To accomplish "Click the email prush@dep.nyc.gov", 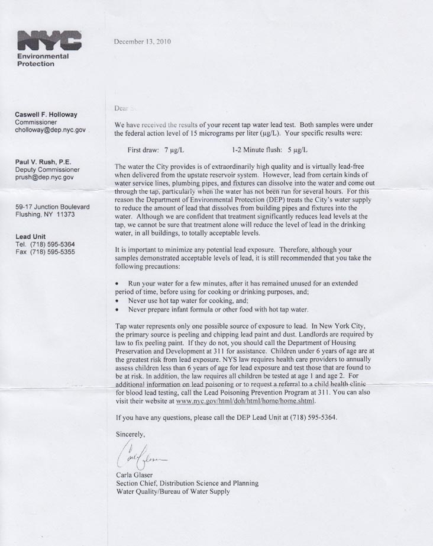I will click(x=44, y=177).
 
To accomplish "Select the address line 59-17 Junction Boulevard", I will click(x=53, y=207).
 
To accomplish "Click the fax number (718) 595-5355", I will click(x=53, y=252).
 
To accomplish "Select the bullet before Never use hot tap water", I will click(x=118, y=301).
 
